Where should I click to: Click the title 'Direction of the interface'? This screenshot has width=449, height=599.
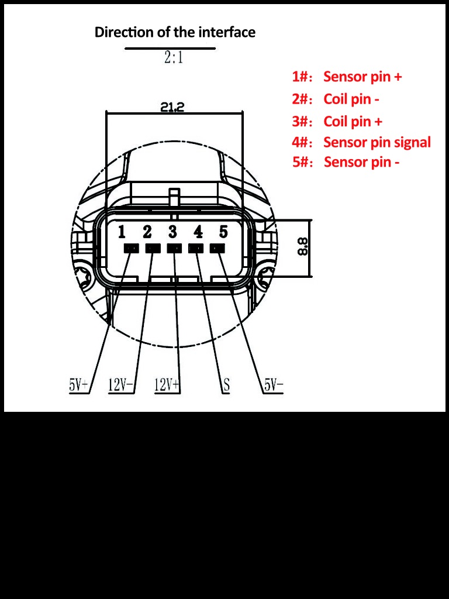175,32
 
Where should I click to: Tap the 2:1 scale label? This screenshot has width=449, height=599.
174,57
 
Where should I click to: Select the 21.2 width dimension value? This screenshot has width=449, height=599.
172,106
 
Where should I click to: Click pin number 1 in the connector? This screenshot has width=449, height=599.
122,232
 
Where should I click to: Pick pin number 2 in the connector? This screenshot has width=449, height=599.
147,232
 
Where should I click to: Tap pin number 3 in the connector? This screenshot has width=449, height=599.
172,232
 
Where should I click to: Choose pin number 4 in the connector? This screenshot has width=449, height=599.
198,232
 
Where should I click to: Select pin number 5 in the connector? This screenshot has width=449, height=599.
223,232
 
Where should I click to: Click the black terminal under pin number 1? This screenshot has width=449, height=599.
131,249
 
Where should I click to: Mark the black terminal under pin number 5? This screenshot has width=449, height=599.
217,249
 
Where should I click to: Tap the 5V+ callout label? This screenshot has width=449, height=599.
79,385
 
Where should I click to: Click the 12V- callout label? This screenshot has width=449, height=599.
121,385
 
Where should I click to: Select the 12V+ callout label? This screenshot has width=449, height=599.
167,385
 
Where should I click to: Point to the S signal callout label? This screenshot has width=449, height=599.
226,385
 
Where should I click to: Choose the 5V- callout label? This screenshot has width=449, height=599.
273,385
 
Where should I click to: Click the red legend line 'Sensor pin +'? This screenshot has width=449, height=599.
347,77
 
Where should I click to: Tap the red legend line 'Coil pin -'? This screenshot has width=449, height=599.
336,99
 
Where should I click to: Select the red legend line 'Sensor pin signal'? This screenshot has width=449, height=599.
361,142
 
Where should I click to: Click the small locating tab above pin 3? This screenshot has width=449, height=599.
174,194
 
